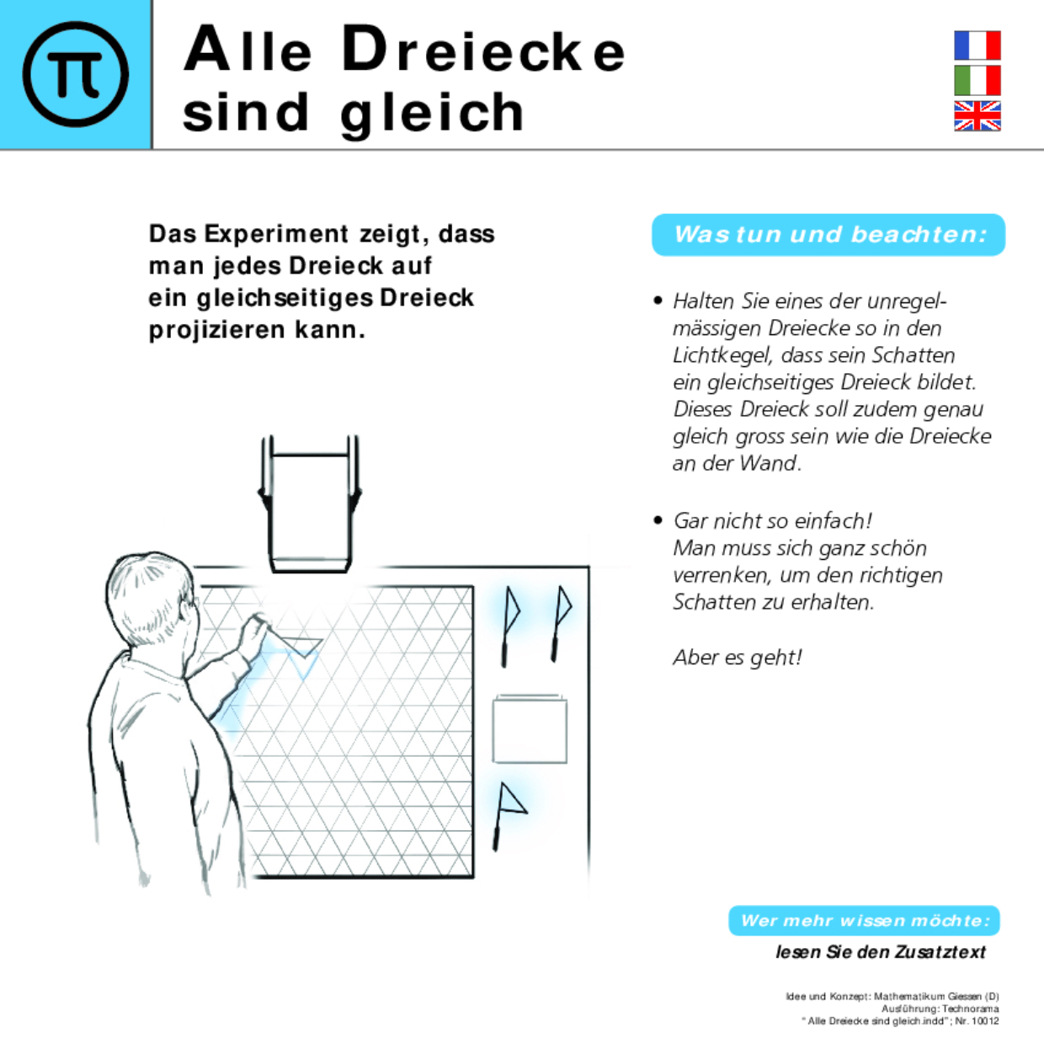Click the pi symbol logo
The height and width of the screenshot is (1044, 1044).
point(76,74)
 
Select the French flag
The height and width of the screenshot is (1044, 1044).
point(977,45)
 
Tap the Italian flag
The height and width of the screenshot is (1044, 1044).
point(977,81)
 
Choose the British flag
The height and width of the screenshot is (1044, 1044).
point(977,116)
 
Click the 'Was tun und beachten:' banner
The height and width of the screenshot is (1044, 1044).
point(828,235)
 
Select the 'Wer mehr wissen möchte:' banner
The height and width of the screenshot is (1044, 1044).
point(864,920)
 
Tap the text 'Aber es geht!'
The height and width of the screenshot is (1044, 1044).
point(737,657)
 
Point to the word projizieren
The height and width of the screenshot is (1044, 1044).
point(218,330)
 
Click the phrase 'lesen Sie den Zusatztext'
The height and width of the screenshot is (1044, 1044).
point(880,952)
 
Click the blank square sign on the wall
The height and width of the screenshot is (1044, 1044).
point(529,729)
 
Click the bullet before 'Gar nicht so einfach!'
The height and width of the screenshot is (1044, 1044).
point(658,520)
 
